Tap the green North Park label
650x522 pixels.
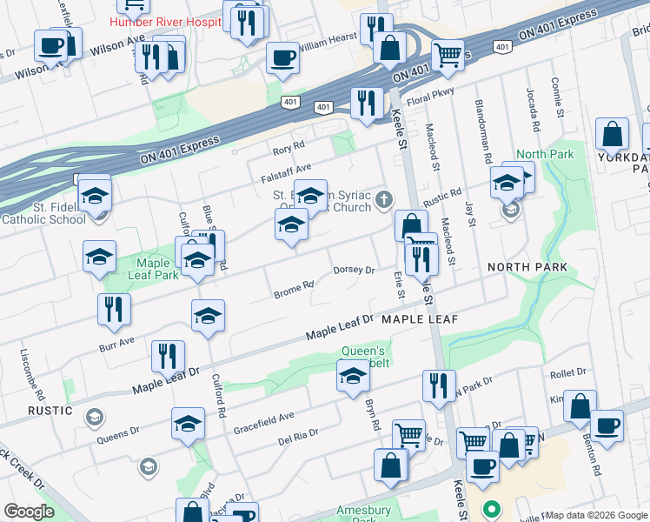(545, 155)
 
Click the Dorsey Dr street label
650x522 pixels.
(354, 271)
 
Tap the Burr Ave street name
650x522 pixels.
(116, 342)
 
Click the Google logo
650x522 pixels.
(29, 512)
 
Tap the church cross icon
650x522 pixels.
(385, 202)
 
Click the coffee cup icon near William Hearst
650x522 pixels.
(283, 58)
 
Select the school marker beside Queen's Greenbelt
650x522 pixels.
(353, 377)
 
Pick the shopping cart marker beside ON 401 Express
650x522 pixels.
(448, 54)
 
